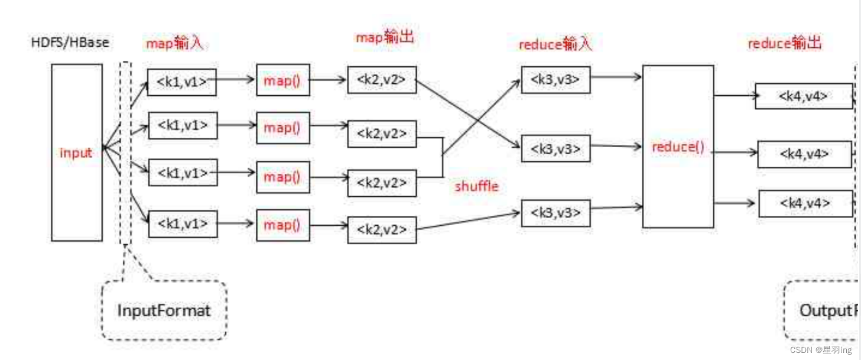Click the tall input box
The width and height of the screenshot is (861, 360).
77,152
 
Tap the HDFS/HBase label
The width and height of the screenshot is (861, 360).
70,43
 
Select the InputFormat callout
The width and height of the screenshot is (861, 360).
164,310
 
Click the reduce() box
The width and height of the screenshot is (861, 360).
678,147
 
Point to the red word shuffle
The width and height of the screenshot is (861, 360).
476,186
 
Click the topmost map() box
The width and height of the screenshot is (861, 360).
282,80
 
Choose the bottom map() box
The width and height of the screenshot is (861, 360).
282,225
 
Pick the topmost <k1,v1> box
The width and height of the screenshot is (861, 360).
182,82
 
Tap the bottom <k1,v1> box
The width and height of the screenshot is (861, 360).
182,223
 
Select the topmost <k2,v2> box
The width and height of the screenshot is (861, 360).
382,80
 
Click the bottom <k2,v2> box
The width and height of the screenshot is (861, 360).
382,229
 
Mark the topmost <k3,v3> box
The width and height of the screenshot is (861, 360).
555,79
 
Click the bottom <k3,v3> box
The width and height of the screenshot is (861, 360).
555,213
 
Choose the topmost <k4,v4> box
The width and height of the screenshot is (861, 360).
804,96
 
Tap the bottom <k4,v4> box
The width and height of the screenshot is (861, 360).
805,203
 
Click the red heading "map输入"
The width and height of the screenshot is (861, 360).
174,43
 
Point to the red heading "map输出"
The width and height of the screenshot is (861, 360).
385,37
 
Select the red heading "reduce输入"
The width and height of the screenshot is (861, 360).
555,44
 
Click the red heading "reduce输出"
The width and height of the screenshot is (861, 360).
785,43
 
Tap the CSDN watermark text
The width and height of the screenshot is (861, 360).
821,350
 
